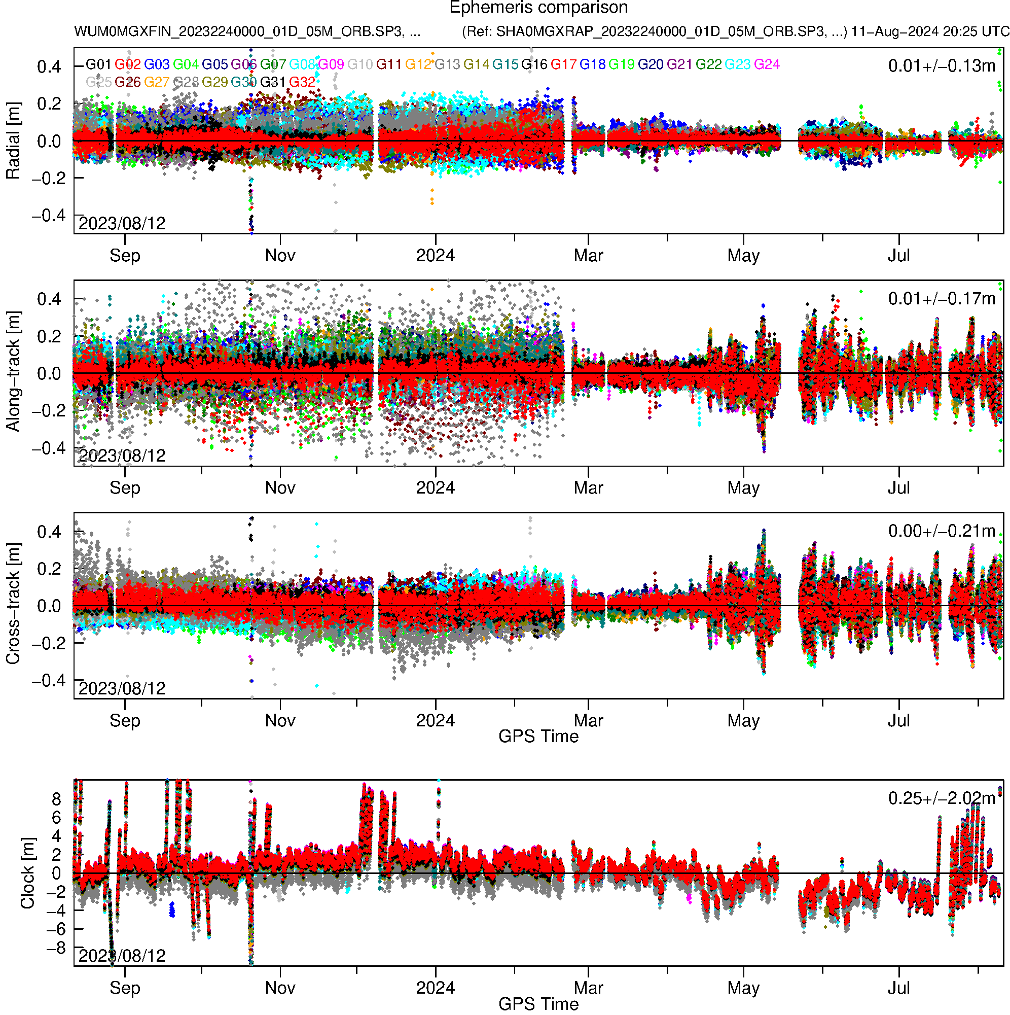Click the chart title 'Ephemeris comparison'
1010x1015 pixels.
538,8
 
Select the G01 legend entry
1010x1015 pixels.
98,64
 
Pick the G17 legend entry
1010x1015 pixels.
563,64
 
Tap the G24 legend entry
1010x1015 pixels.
766,64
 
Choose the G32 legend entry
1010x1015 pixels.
302,82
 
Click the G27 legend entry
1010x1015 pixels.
157,82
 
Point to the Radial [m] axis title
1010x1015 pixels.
13,141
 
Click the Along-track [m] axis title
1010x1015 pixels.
13,371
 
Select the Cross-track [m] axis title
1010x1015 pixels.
13,604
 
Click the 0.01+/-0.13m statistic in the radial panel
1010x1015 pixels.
941,66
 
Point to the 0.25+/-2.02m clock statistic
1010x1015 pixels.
941,798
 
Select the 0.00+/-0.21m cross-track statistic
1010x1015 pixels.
941,531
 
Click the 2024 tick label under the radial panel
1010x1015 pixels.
435,256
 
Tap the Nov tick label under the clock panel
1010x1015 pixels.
280,988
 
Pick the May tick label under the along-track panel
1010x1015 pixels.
743,488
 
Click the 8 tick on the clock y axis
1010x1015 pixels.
56,799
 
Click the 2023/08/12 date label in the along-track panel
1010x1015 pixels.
122,456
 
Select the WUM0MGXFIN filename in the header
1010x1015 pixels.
247,31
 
